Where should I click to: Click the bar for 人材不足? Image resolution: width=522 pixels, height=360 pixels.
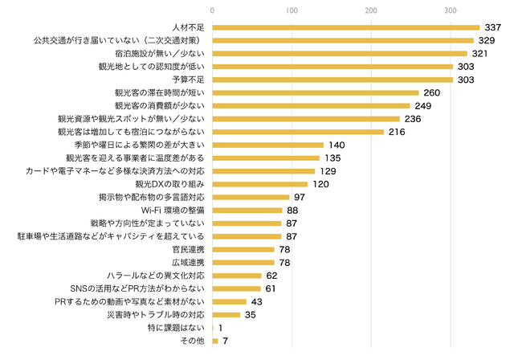(x=345, y=27)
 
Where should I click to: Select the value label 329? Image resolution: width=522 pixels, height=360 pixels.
(x=487, y=40)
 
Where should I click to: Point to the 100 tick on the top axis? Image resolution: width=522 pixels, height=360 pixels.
(x=292, y=10)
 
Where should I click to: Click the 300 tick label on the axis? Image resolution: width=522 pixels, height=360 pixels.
(x=451, y=10)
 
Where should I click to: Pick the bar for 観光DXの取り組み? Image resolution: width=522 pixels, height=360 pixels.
(x=259, y=184)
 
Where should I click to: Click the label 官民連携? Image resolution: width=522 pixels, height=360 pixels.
(x=189, y=250)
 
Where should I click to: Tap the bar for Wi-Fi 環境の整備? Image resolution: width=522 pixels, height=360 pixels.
(x=247, y=211)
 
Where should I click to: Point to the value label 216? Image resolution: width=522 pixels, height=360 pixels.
(x=398, y=132)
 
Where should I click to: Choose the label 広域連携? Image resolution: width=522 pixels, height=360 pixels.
(x=189, y=263)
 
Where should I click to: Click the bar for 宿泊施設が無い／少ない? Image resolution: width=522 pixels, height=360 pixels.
(x=339, y=53)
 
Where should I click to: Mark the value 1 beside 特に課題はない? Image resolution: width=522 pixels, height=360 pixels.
(x=220, y=329)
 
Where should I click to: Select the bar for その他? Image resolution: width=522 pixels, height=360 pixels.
(x=215, y=342)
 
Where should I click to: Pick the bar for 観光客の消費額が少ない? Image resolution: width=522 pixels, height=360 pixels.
(x=311, y=105)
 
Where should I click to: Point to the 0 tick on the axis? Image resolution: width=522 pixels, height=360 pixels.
(x=212, y=10)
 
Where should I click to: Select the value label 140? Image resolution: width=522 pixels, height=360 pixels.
(x=336, y=145)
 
